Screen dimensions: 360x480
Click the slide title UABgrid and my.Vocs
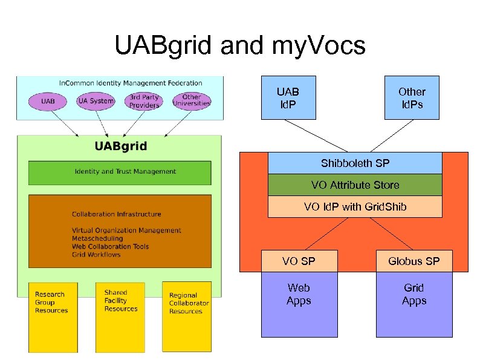coord(240,45)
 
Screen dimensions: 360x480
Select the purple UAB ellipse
coord(48,101)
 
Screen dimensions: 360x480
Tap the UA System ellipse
coord(96,101)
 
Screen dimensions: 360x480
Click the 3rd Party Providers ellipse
coord(144,101)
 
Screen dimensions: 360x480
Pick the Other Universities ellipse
coord(191,100)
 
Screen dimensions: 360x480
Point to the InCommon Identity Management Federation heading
coord(130,83)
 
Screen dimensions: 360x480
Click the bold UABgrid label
coord(120,146)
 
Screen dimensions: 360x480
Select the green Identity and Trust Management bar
coord(120,172)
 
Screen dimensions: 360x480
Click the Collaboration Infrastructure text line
coord(116,214)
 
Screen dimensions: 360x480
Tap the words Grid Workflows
coord(96,255)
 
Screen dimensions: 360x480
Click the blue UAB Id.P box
coord(288,97)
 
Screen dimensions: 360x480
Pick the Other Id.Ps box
coord(412,97)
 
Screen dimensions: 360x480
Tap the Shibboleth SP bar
coord(355,163)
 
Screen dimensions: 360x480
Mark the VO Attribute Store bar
coord(355,185)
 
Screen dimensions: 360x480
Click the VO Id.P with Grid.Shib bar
coord(355,207)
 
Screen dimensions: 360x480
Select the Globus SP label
coord(414,261)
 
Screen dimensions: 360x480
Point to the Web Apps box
coord(299,304)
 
